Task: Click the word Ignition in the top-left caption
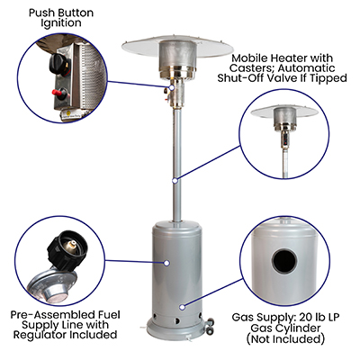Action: [61, 23]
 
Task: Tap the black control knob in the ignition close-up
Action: [58, 64]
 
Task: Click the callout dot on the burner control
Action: [172, 87]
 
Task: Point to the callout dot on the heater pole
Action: [175, 181]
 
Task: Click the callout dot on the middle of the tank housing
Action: [166, 263]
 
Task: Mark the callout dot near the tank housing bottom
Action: [182, 307]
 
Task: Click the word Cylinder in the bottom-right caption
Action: [301, 328]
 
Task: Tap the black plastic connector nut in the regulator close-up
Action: [68, 250]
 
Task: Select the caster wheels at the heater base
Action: [210, 325]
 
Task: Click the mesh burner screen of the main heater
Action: [178, 58]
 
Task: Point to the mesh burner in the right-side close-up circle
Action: [284, 118]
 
